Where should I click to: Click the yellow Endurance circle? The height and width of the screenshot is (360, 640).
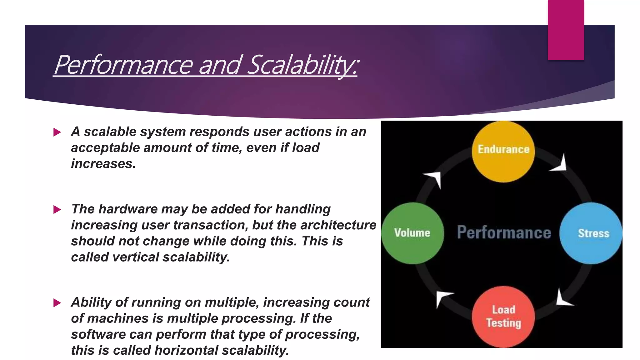(503, 152)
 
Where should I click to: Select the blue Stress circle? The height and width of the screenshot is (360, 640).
(590, 233)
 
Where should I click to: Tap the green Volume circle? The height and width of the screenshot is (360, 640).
(412, 233)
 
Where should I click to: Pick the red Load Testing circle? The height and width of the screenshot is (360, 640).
(503, 316)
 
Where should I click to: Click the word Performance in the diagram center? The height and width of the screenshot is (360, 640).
(504, 232)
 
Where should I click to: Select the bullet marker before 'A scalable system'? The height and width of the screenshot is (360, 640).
(57, 132)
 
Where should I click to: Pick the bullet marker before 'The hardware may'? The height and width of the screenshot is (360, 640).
(57, 209)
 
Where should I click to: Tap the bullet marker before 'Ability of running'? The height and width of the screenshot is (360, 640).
(57, 302)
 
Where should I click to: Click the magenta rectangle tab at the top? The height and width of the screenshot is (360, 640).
(566, 30)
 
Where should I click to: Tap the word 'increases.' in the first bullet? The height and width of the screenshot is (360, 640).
(103, 164)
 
